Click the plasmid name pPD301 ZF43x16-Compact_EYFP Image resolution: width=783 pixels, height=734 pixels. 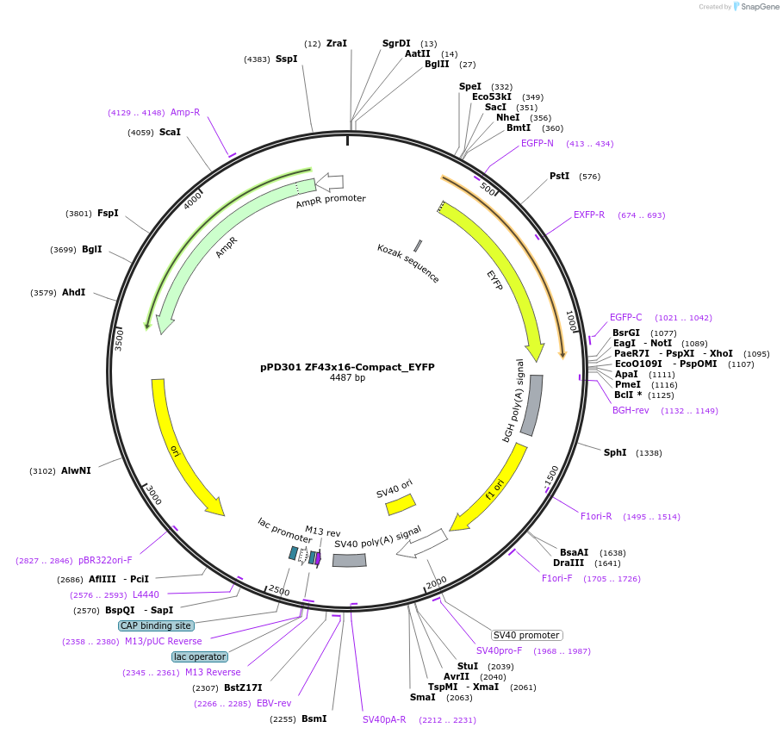[x=347, y=366]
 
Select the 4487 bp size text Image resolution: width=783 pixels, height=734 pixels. [x=347, y=377]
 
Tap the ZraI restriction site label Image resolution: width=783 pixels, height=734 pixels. [x=337, y=43]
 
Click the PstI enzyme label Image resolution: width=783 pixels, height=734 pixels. [x=560, y=176]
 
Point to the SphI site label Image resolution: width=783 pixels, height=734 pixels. [x=615, y=452]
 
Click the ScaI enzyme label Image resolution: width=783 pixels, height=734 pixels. [x=170, y=132]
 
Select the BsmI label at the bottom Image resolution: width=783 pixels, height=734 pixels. [x=314, y=718]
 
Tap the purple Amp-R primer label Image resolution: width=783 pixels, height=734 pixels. [x=185, y=112]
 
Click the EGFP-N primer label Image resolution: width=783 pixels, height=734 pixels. [x=538, y=143]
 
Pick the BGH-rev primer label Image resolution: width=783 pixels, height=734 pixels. [x=631, y=410]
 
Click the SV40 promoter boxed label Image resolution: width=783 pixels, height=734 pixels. [x=527, y=635]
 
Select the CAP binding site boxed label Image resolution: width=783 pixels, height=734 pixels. [x=156, y=625]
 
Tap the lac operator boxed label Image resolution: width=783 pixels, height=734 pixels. [x=200, y=656]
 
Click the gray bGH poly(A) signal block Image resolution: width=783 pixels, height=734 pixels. [x=531, y=405]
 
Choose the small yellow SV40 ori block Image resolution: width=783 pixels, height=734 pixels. [x=401, y=505]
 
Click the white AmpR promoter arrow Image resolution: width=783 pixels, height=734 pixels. [x=330, y=182]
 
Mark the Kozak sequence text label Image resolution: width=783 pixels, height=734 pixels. [x=408, y=263]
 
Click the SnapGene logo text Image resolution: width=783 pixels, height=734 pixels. [x=761, y=7]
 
